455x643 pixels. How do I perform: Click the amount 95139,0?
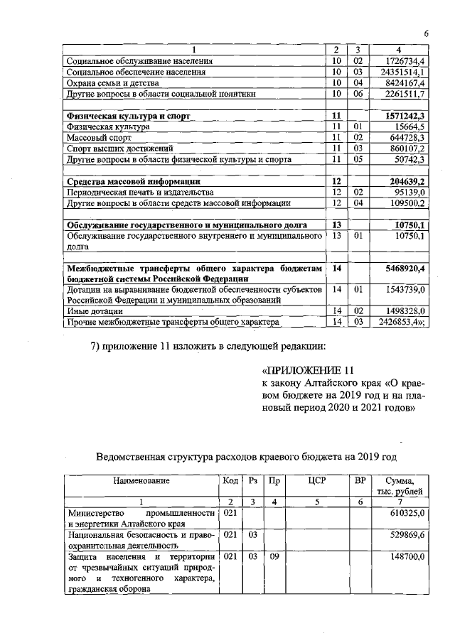(x=408, y=193)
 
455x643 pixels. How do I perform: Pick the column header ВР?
(x=360, y=481)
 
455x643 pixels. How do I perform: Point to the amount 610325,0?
(x=407, y=513)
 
